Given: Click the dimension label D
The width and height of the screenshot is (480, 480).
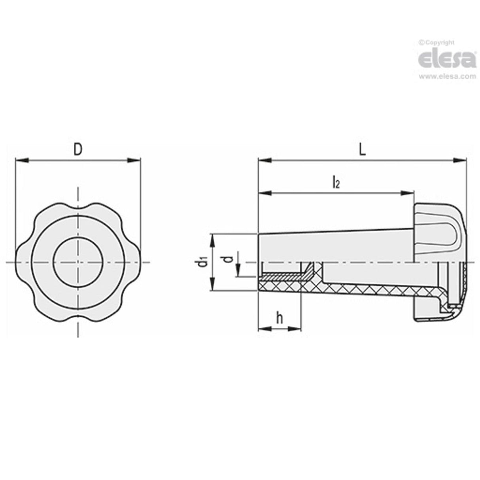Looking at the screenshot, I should [x=78, y=149].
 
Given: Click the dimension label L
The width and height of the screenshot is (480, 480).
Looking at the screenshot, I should [x=362, y=149].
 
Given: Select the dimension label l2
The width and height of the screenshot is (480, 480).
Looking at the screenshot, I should [x=335, y=183].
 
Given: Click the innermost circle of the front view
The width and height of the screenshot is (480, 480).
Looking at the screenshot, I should [x=78, y=262].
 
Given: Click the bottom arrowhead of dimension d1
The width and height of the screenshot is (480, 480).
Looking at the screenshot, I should [x=212, y=285].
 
